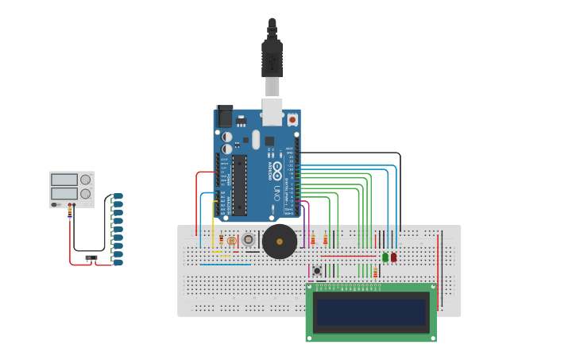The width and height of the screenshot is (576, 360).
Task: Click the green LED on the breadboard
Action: [385, 257]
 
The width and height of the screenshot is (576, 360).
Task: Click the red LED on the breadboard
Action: [393, 257]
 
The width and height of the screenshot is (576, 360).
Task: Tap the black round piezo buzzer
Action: [280, 241]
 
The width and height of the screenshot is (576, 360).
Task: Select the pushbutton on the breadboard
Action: [317, 270]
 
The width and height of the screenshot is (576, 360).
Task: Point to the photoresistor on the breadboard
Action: [232, 241]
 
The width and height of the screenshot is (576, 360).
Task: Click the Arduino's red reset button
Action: [292, 119]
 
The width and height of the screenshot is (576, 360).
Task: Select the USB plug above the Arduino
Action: [272, 60]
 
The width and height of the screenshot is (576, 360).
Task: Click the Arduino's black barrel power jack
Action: [224, 117]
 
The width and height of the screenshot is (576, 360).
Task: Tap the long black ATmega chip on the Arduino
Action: [239, 185]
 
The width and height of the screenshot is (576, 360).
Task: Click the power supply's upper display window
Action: [64, 180]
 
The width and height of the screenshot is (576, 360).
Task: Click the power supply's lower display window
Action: [64, 193]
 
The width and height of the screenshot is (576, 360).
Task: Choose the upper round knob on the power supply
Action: [85, 180]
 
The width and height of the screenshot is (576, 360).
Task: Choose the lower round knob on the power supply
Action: [85, 193]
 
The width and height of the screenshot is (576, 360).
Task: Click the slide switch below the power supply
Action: [91, 257]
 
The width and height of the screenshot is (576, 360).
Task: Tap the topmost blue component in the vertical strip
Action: [118, 195]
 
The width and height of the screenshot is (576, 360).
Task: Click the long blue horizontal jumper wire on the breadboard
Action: [225, 264]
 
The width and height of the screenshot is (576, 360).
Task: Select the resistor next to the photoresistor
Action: [221, 241]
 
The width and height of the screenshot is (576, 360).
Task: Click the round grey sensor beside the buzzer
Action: [249, 239]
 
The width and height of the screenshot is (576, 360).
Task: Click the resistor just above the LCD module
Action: [376, 274]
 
